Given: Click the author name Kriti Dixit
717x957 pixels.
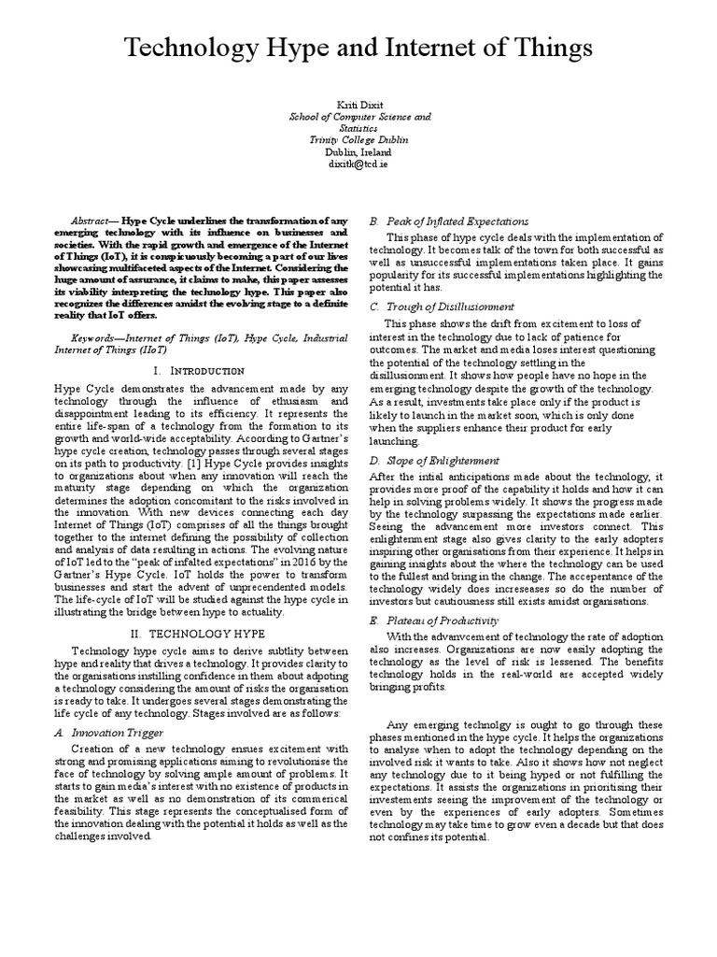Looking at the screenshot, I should point(358,106).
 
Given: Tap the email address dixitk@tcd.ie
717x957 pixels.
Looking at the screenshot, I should point(358,163).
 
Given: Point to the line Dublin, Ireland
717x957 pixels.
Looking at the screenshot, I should point(358,151).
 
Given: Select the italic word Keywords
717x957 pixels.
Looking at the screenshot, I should point(97,333).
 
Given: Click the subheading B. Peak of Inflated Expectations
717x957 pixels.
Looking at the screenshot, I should point(449,221).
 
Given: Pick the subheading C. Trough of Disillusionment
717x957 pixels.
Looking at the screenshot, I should point(442,306).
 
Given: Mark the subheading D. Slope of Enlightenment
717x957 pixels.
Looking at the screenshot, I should point(434,461).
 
